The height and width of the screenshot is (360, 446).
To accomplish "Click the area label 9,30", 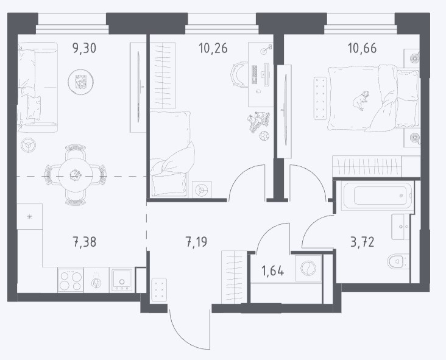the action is tap(85, 48).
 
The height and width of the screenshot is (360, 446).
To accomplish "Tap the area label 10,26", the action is tap(213, 48).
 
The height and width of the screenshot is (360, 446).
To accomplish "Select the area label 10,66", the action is tap(362, 48).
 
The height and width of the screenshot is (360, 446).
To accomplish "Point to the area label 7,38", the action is tap(85, 242).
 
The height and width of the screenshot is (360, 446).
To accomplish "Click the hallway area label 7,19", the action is tap(196, 242).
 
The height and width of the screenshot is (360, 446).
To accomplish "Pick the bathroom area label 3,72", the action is tap(362, 242).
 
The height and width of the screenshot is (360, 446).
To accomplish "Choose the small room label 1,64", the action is tap(272, 270).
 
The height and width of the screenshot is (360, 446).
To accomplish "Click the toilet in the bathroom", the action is tap(398, 261).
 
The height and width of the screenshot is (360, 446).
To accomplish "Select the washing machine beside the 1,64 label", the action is tap(308, 268).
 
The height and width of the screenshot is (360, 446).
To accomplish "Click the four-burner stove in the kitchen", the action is tap(70, 280).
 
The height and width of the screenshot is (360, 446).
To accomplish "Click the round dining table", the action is tap(76, 175).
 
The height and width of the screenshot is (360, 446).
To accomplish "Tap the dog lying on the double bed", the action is tap(361, 101).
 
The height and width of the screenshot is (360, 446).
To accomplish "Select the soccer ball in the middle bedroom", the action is tap(264, 136).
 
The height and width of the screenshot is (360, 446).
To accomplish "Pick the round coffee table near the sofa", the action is tap(81, 82).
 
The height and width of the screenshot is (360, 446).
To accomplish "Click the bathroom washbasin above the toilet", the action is tap(400, 227).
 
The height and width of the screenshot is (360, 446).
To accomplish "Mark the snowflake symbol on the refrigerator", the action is tap(30, 217).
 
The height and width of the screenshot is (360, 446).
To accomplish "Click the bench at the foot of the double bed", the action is tap(320, 99).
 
